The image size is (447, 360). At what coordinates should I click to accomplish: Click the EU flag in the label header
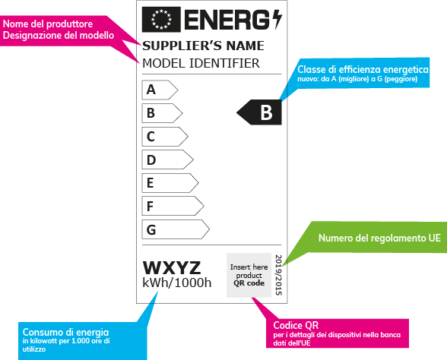click(160, 17)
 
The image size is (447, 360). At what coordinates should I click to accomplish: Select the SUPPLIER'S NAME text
click(203, 46)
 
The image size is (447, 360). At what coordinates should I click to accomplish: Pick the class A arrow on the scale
click(159, 90)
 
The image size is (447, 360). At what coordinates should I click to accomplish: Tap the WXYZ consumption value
click(172, 268)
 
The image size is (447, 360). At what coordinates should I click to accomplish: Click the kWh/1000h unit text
click(177, 284)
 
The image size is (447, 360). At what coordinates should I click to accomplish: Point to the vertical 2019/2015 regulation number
click(277, 274)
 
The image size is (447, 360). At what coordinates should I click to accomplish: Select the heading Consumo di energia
click(65, 332)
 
